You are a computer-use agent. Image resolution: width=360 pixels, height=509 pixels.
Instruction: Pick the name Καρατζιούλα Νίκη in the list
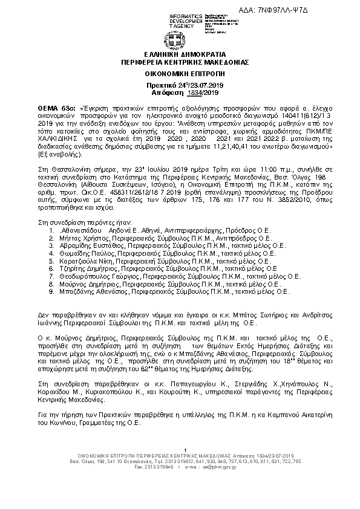pos(85,264)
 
